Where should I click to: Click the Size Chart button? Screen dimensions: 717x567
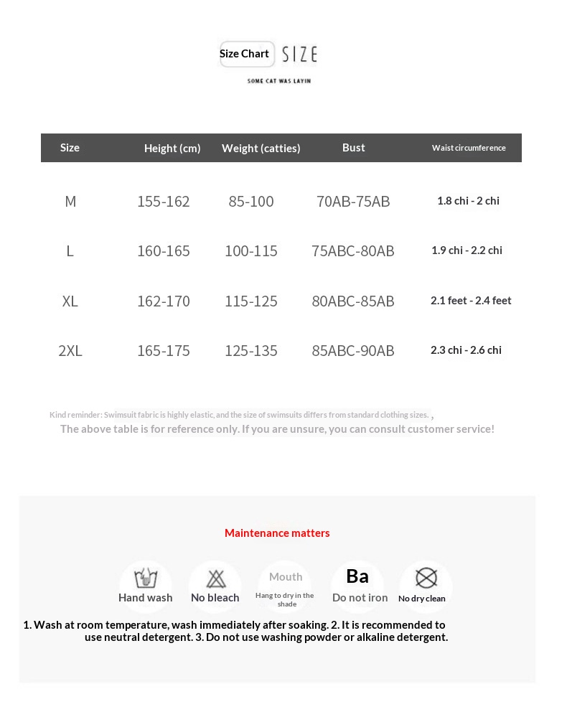pyautogui.click(x=245, y=54)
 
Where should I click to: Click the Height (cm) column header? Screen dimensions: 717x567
pyautogui.click(x=172, y=148)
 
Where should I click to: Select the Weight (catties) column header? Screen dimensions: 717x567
pyautogui.click(x=261, y=148)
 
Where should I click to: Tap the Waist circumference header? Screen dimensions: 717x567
pyautogui.click(x=469, y=148)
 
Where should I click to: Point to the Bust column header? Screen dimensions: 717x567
pyautogui.click(x=353, y=147)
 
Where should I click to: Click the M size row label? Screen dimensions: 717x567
pyautogui.click(x=70, y=201)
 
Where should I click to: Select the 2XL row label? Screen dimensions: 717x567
pyautogui.click(x=70, y=350)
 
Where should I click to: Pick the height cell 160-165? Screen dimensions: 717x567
pyautogui.click(x=164, y=250)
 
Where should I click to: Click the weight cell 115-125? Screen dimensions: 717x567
pyautogui.click(x=251, y=301)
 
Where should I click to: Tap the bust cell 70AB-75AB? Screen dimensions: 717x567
pyautogui.click(x=353, y=201)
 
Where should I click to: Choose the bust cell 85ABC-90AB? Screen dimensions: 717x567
pyautogui.click(x=353, y=350)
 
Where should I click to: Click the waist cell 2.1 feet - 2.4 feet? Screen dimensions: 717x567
pyautogui.click(x=471, y=301)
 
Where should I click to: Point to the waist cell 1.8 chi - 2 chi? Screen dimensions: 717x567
pyautogui.click(x=468, y=201)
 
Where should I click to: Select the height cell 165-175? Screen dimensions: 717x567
pyautogui.click(x=164, y=350)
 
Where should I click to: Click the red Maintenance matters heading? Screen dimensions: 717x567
pyautogui.click(x=277, y=533)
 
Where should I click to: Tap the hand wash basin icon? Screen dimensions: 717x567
pyautogui.click(x=146, y=577)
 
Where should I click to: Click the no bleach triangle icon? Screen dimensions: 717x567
pyautogui.click(x=215, y=578)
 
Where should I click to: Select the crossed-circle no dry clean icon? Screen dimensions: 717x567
pyautogui.click(x=426, y=578)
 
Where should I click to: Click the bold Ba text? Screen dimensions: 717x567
pyautogui.click(x=357, y=576)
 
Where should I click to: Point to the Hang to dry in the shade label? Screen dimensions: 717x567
pyautogui.click(x=285, y=599)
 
